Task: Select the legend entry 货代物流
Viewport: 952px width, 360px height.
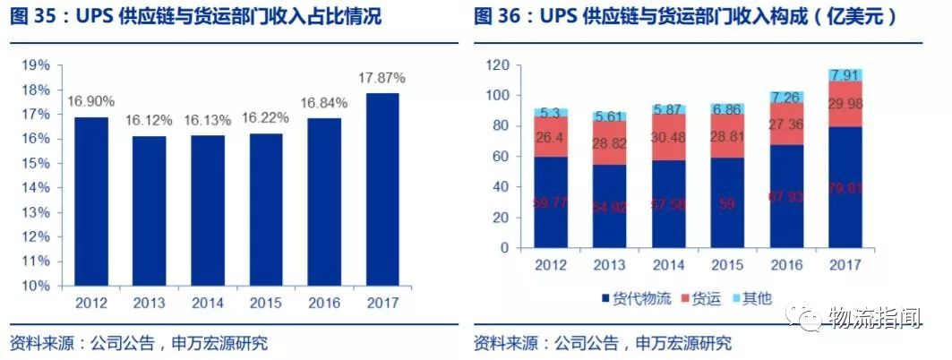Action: [638, 298]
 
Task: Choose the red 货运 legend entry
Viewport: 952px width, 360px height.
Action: [706, 298]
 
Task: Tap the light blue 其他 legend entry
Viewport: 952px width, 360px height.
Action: [756, 298]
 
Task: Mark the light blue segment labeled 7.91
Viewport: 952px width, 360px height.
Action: [845, 74]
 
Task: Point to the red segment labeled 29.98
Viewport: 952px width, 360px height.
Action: [845, 104]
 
